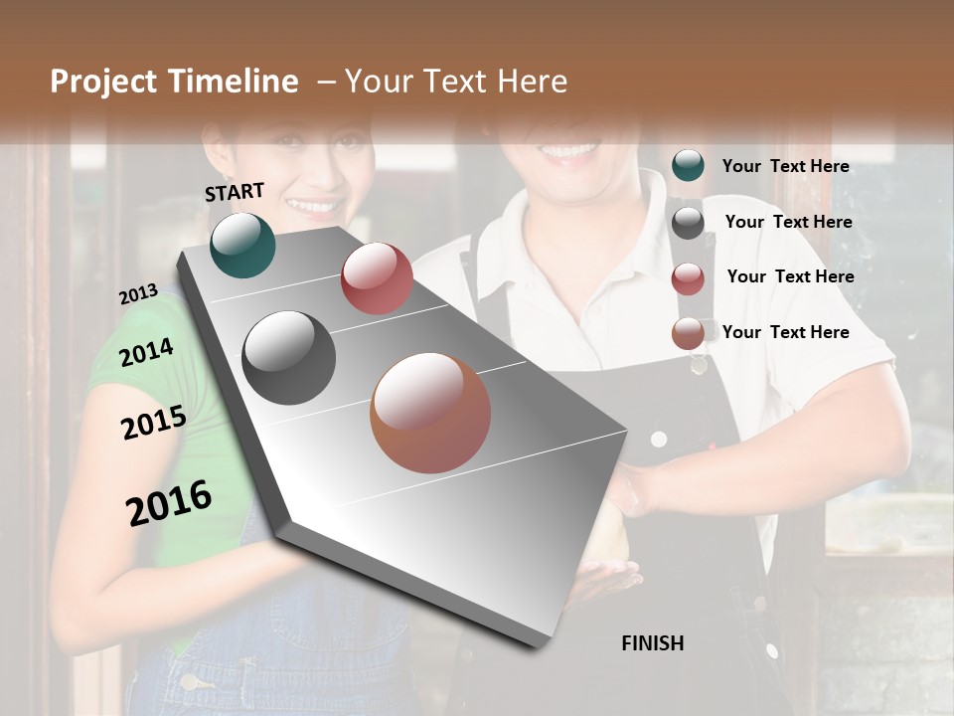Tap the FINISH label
point(652,643)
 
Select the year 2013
point(138,294)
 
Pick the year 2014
point(146,353)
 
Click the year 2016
point(169,503)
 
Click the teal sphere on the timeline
point(242,245)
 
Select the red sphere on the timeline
point(377,278)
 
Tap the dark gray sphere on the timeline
point(288,358)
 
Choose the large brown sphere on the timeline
point(430,413)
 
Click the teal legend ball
point(688,166)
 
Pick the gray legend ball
point(688,223)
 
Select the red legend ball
point(688,278)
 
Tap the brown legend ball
point(688,334)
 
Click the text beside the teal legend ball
point(785,166)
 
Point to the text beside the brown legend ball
point(785,332)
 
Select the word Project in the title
point(99,82)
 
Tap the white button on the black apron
point(658,439)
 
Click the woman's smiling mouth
point(313,206)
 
